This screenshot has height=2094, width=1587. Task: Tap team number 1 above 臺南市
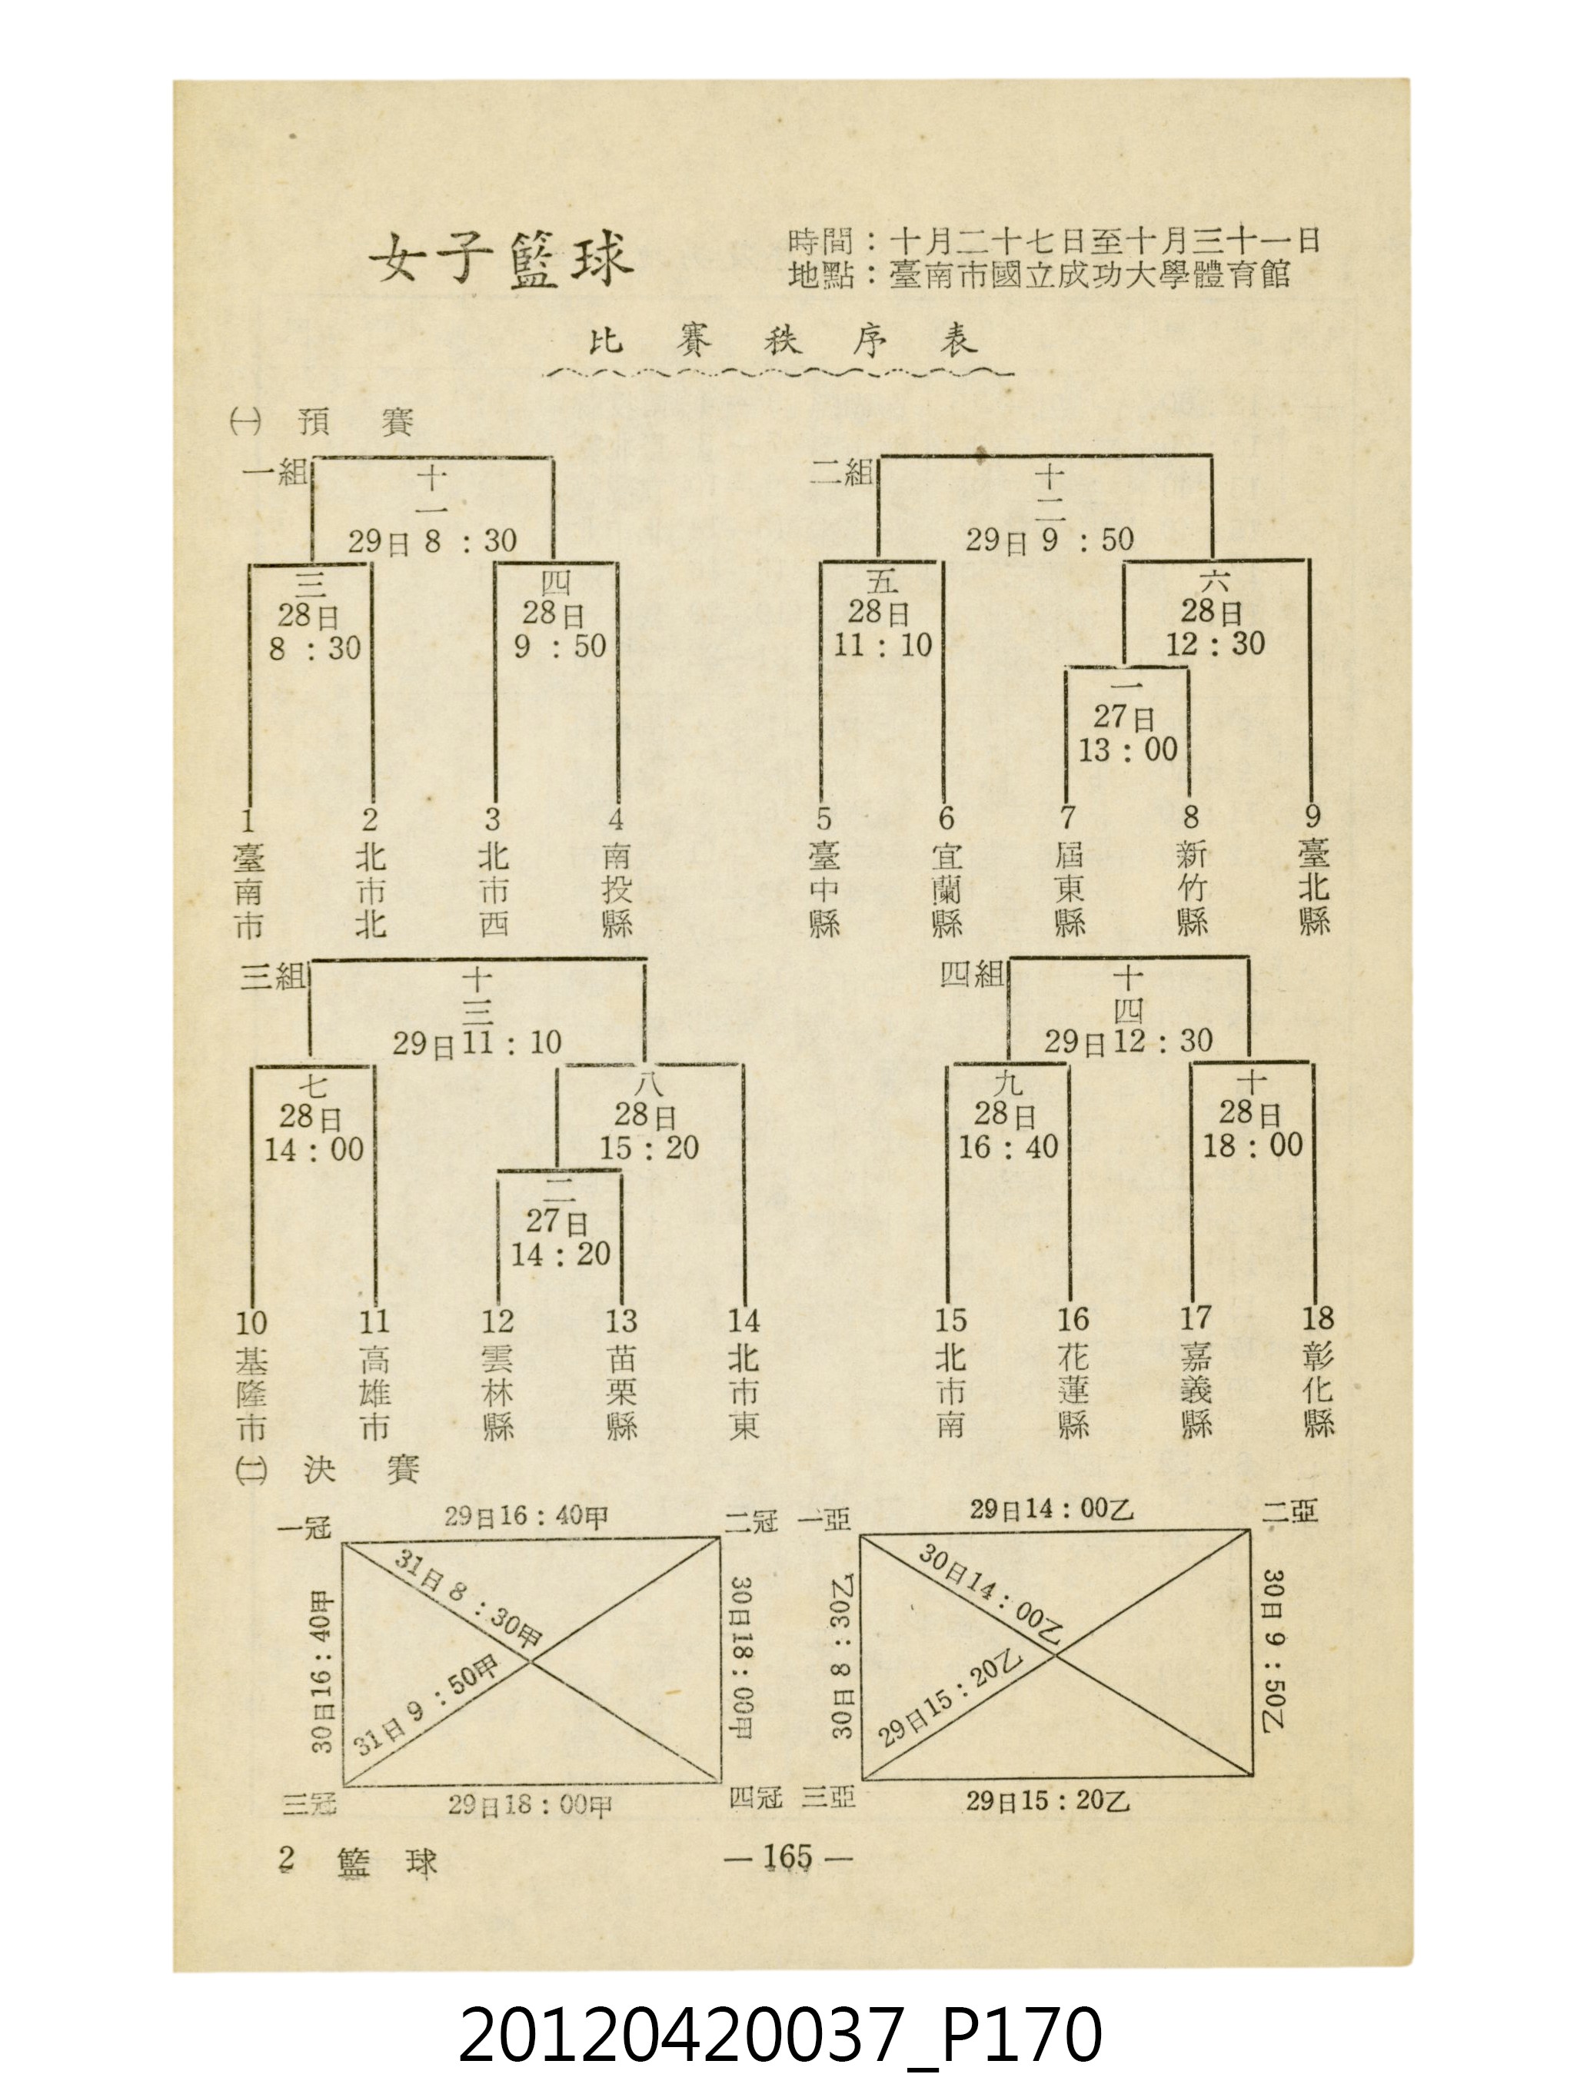248,818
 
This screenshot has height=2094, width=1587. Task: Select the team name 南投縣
617,890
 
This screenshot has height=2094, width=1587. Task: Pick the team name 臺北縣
1314,888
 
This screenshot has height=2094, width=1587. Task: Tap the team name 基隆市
252,1394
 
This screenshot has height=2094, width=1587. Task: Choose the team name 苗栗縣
621,1394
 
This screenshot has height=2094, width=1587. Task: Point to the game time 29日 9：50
1050,540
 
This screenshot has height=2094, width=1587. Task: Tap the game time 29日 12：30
1129,1042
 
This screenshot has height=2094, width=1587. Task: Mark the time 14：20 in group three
561,1255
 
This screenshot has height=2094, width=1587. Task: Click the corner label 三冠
308,1803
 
